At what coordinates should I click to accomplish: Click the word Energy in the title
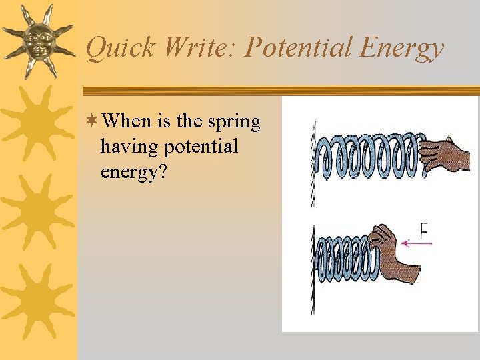coord(402,48)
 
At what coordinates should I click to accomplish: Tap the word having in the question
coord(127,147)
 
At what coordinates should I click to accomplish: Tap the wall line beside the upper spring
coord(313,160)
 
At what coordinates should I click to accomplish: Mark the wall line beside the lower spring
coord(313,267)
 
